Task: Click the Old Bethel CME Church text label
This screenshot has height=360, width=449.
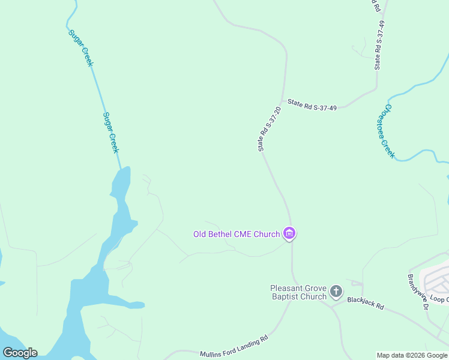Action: [236, 234]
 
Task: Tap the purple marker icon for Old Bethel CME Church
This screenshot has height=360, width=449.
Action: [289, 233]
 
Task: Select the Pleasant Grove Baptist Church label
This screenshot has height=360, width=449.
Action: [298, 292]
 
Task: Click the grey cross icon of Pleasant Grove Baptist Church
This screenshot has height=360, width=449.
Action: [336, 292]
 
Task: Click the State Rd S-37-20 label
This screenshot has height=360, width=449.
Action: [270, 128]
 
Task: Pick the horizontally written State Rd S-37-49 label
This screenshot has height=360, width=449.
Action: [312, 104]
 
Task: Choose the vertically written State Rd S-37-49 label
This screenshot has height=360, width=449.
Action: [379, 45]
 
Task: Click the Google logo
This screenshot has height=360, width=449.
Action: [20, 352]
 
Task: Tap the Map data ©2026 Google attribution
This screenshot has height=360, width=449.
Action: [412, 355]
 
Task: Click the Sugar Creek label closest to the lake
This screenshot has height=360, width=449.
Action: [110, 133]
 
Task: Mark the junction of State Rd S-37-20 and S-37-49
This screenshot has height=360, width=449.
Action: [282, 101]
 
